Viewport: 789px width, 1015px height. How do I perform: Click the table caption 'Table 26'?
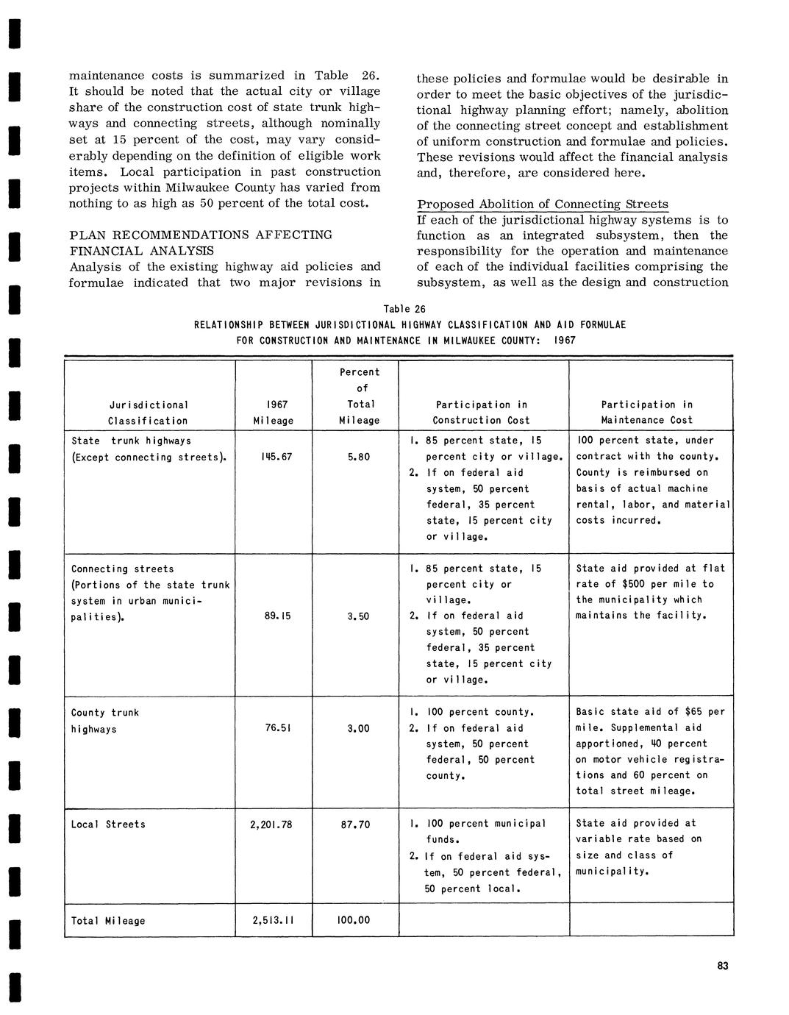(x=404, y=309)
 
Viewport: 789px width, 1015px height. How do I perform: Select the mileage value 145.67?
(x=276, y=457)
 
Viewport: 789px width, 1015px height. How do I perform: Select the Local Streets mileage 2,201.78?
(x=271, y=825)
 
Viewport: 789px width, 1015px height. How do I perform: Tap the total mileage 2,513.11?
(x=271, y=921)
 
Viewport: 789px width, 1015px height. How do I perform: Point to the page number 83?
(x=723, y=966)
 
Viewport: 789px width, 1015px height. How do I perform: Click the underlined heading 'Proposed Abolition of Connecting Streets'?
(x=543, y=204)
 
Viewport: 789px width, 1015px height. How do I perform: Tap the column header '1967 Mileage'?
(x=274, y=413)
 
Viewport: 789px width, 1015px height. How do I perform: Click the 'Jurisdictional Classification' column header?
(x=149, y=413)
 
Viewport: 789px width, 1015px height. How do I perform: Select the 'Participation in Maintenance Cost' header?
(x=647, y=413)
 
